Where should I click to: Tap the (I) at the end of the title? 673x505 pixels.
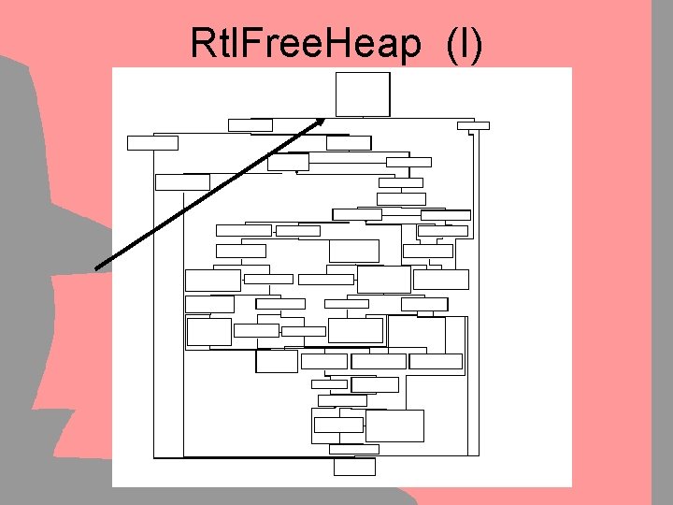click(x=465, y=44)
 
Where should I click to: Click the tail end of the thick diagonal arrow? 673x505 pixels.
click(x=97, y=267)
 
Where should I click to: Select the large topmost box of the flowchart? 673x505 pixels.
click(x=362, y=94)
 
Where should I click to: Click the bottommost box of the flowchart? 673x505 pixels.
click(x=354, y=467)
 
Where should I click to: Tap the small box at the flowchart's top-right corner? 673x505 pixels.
click(x=473, y=125)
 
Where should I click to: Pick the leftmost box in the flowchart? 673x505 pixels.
click(x=152, y=143)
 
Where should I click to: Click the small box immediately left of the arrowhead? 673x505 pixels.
click(x=250, y=124)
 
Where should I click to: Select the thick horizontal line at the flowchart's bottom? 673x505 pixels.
click(x=243, y=457)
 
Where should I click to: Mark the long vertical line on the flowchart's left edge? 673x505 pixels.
click(x=153, y=309)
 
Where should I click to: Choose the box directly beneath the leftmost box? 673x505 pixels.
click(x=182, y=181)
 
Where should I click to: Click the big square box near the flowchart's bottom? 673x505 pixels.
click(x=394, y=426)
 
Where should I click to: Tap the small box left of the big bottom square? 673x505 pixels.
click(x=337, y=425)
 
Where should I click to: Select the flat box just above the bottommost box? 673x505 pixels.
click(x=354, y=449)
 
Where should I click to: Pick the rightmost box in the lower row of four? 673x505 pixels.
click(x=436, y=361)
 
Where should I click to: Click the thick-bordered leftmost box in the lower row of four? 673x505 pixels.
click(x=277, y=361)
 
